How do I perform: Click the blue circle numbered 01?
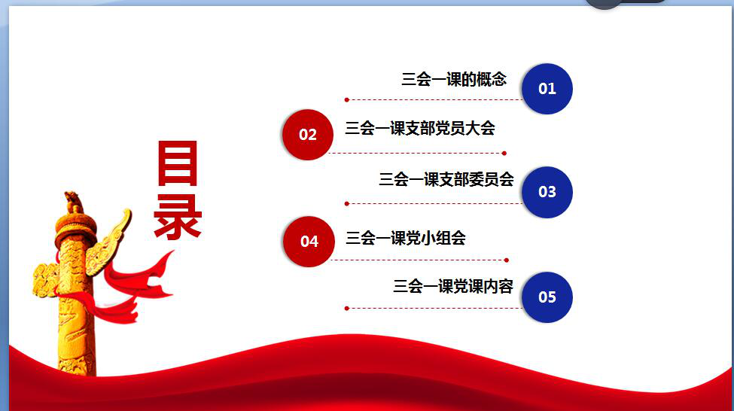click(547, 89)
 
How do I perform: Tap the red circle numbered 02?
click(308, 134)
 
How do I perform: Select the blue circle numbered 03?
click(547, 192)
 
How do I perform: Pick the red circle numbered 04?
click(309, 242)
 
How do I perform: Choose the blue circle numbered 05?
click(547, 297)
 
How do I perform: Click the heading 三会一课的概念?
click(454, 79)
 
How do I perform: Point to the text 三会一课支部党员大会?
click(420, 128)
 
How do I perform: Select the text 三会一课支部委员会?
click(446, 179)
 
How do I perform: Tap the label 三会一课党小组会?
click(405, 239)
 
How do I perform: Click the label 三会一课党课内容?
click(453, 287)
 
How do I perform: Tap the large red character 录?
click(178, 217)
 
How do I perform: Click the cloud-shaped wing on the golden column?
click(109, 242)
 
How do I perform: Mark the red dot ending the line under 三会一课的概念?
click(346, 99)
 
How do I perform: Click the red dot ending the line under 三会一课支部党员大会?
click(504, 153)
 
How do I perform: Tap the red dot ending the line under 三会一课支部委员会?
click(346, 204)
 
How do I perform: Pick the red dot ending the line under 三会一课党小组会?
click(507, 260)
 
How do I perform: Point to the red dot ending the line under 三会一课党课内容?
click(346, 309)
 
